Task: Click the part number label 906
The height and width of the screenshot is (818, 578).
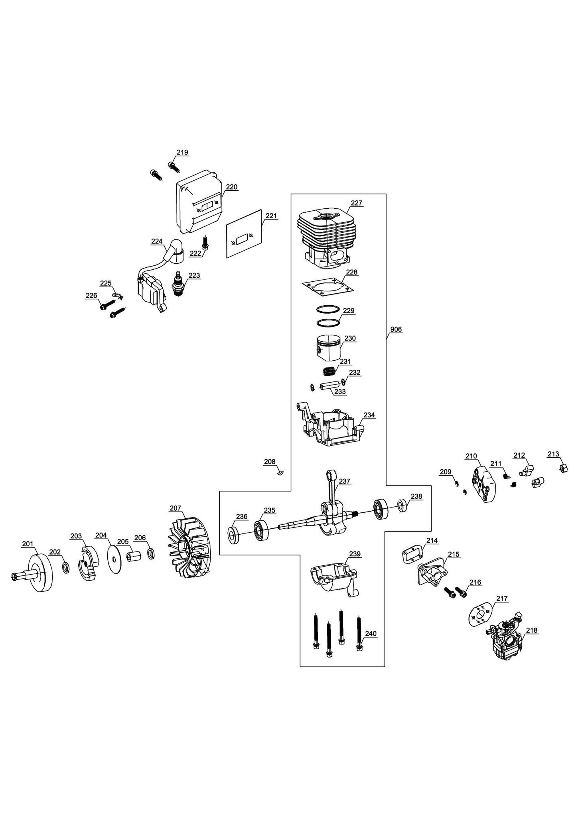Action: (396, 329)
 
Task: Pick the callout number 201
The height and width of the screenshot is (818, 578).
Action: (28, 543)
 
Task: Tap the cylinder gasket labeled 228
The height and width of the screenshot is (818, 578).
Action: (328, 287)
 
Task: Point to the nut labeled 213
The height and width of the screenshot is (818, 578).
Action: (562, 468)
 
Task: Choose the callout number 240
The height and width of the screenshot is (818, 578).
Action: (371, 634)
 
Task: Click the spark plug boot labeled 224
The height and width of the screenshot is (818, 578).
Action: (174, 251)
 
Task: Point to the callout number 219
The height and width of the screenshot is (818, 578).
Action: (182, 152)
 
